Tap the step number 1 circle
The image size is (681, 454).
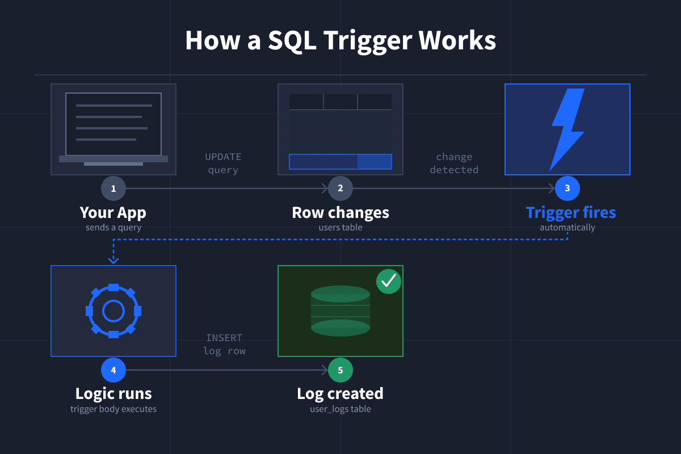click(x=113, y=188)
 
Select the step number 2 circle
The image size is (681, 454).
click(x=340, y=188)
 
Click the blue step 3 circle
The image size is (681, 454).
click(x=567, y=188)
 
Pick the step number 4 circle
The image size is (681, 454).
click(x=113, y=370)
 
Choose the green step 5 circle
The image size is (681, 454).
click(x=340, y=370)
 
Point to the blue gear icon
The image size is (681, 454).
click(x=113, y=311)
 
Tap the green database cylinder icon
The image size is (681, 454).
click(x=340, y=310)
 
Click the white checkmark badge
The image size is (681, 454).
click(x=389, y=281)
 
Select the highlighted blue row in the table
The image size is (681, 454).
click(x=340, y=162)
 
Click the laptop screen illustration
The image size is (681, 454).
click(x=113, y=124)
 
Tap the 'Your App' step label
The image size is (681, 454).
click(x=113, y=213)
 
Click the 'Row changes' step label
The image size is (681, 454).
click(x=340, y=213)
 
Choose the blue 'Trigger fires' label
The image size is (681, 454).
click(x=570, y=213)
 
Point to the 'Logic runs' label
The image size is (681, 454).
click(x=113, y=393)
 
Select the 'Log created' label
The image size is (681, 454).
click(x=340, y=393)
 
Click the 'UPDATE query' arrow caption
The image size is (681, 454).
click(x=223, y=163)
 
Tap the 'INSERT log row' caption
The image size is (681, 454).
click(x=224, y=344)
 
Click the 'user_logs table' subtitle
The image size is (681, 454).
click(x=340, y=409)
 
